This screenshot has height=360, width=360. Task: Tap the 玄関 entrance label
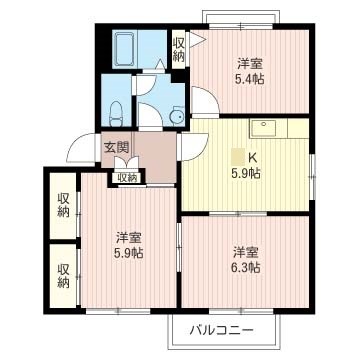pos(117,148)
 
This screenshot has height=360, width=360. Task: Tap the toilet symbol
pos(116,112)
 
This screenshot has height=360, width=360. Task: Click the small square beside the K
pos(237,155)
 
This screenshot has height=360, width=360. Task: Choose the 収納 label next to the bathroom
pos(178,48)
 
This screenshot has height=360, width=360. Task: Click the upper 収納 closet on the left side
pos(63,204)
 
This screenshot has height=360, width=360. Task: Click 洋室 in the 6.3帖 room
pos(247,251)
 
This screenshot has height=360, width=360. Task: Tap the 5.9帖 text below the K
pos(247,173)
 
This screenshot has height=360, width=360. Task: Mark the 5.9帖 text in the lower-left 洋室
pos(128,254)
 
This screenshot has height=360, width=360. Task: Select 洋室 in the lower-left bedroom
pos(128,237)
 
